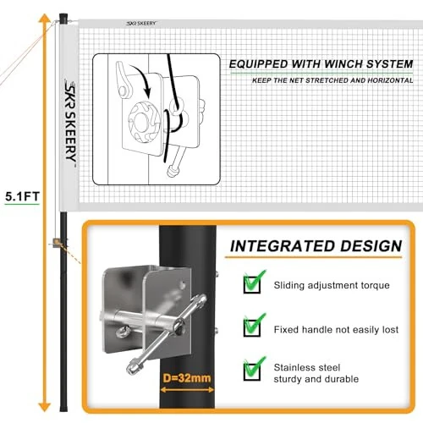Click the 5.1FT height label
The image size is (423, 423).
pos(22,196)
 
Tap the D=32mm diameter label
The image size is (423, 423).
pos(187,378)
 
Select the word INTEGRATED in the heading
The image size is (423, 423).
pos(283,246)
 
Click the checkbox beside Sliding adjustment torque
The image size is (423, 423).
pos(252,284)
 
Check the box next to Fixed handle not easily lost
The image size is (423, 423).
pos(252,327)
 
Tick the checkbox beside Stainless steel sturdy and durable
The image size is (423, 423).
pos(252,371)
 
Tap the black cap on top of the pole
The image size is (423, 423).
pos(63,18)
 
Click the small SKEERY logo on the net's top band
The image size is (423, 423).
pos(141,24)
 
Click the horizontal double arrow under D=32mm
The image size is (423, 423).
pos(187,390)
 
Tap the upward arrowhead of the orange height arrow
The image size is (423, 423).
pos(45,18)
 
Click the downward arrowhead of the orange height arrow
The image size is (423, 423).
pos(45,407)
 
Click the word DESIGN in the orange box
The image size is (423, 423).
pos(371,246)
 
